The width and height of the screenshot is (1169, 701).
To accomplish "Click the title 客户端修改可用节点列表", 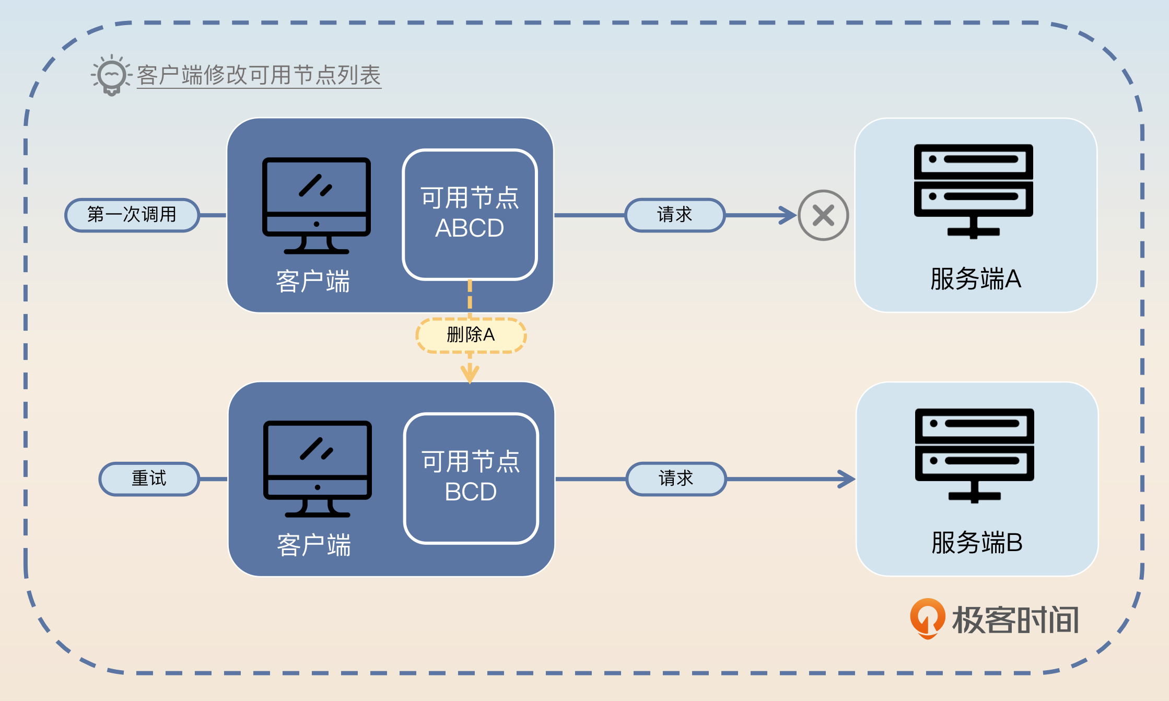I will (259, 75).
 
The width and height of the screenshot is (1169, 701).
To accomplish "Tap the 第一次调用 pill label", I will (132, 215).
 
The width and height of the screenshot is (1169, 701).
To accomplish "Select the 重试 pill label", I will (149, 478).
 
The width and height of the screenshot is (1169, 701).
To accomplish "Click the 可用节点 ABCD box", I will (470, 215).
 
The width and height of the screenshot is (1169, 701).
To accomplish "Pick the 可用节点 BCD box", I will (471, 478).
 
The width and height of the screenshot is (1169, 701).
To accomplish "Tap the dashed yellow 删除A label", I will (471, 335).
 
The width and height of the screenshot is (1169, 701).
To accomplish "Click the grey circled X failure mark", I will (823, 215).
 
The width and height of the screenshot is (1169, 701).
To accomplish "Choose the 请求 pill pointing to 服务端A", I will (674, 215).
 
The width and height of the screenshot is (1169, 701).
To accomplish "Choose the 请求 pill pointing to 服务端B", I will (676, 478).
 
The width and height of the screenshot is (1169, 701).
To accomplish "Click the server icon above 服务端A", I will (973, 191).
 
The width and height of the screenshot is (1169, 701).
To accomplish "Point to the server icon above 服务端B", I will (974, 454).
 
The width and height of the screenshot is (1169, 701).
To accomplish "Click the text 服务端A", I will (975, 279).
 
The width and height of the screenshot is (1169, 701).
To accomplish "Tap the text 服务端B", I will (977, 543).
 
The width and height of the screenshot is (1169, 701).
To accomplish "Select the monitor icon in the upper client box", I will (316, 205).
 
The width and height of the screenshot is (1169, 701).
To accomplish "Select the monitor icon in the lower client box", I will (317, 469).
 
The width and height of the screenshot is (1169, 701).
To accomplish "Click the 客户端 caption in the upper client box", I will (313, 282).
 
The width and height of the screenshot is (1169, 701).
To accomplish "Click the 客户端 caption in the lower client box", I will (314, 545).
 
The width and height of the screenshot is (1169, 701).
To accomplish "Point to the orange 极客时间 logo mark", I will (927, 618).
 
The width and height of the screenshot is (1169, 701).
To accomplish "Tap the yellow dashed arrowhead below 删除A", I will (470, 374).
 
